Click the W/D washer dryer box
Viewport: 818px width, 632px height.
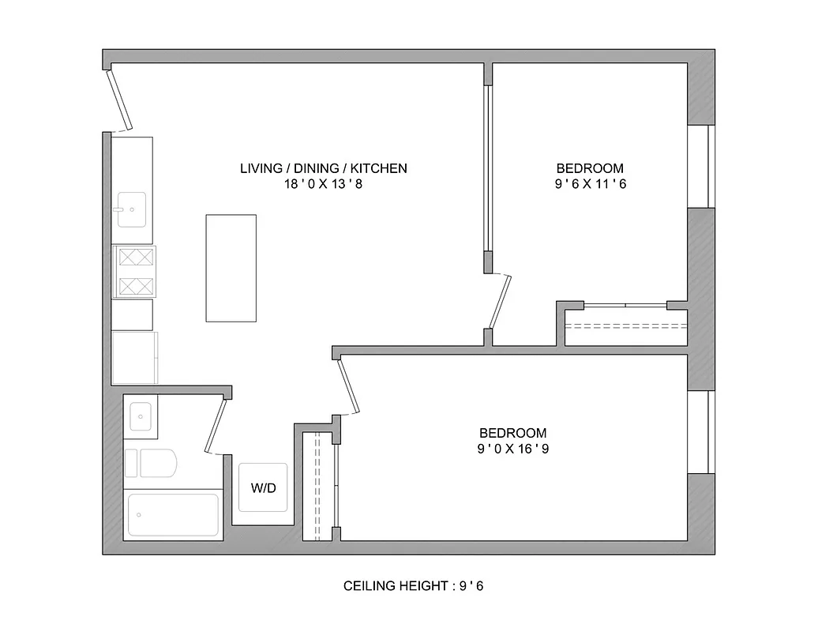[263, 487]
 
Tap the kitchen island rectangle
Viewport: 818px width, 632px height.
[231, 268]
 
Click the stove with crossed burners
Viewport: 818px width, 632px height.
[135, 271]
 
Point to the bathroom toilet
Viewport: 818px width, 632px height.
[156, 464]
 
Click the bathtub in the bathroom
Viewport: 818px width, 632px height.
[173, 515]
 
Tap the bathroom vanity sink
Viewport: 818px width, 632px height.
[141, 416]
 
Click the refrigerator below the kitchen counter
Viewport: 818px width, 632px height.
[134, 357]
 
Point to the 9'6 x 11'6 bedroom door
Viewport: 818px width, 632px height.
[500, 301]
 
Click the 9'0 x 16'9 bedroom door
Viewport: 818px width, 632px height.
[348, 385]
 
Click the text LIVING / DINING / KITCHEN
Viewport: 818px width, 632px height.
[323, 168]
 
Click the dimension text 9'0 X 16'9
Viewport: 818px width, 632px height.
[512, 450]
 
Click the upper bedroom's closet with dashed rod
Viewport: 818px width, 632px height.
[625, 326]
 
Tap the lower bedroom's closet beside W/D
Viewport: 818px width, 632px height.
[320, 485]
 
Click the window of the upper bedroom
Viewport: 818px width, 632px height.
[700, 166]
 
